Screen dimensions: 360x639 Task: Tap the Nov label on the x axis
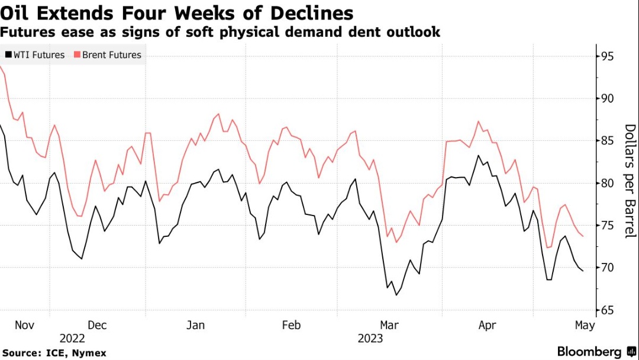tap(24, 325)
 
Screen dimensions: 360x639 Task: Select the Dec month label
tap(96, 325)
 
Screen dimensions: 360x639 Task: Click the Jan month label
tap(195, 325)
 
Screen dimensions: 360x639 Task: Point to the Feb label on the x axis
tap(291, 325)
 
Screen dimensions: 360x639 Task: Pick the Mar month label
tap(389, 325)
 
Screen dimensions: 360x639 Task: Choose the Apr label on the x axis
tap(486, 325)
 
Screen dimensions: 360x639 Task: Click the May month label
tap(585, 325)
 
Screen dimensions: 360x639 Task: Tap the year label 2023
tap(370, 339)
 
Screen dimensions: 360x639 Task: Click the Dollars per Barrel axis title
tap(630, 181)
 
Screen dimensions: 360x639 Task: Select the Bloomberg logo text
tap(589, 351)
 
